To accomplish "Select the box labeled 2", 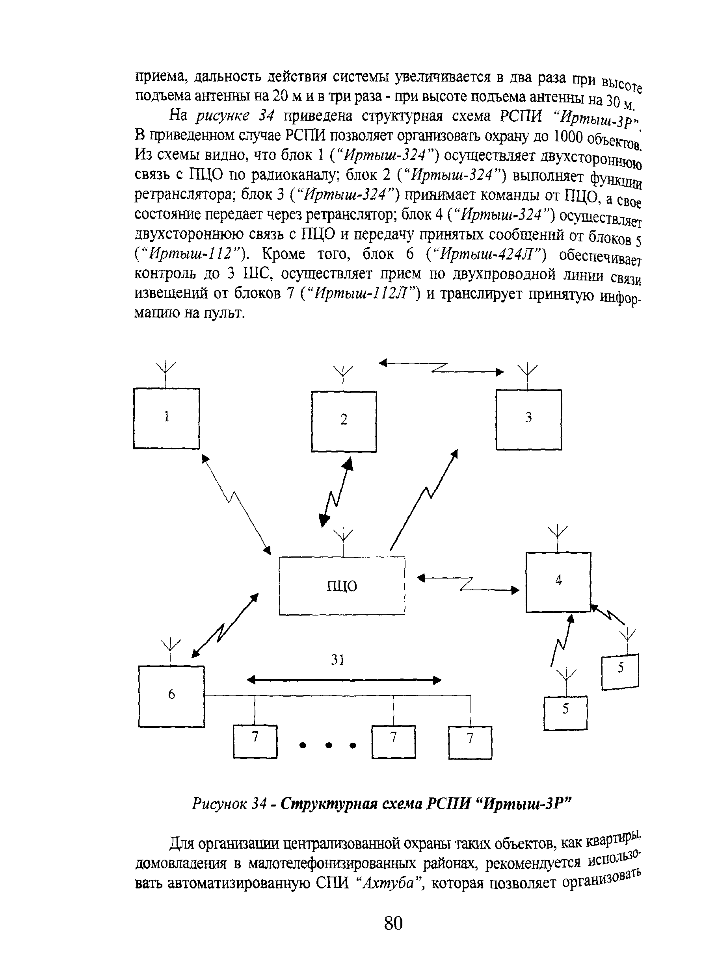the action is click(344, 421).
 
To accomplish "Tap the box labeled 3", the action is click(528, 419).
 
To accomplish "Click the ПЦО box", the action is click(342, 586).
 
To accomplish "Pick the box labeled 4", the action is click(558, 582).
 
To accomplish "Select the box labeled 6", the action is click(171, 696).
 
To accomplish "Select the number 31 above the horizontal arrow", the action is click(337, 660).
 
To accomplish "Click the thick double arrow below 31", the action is click(344, 680).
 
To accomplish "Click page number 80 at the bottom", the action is click(393, 923).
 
